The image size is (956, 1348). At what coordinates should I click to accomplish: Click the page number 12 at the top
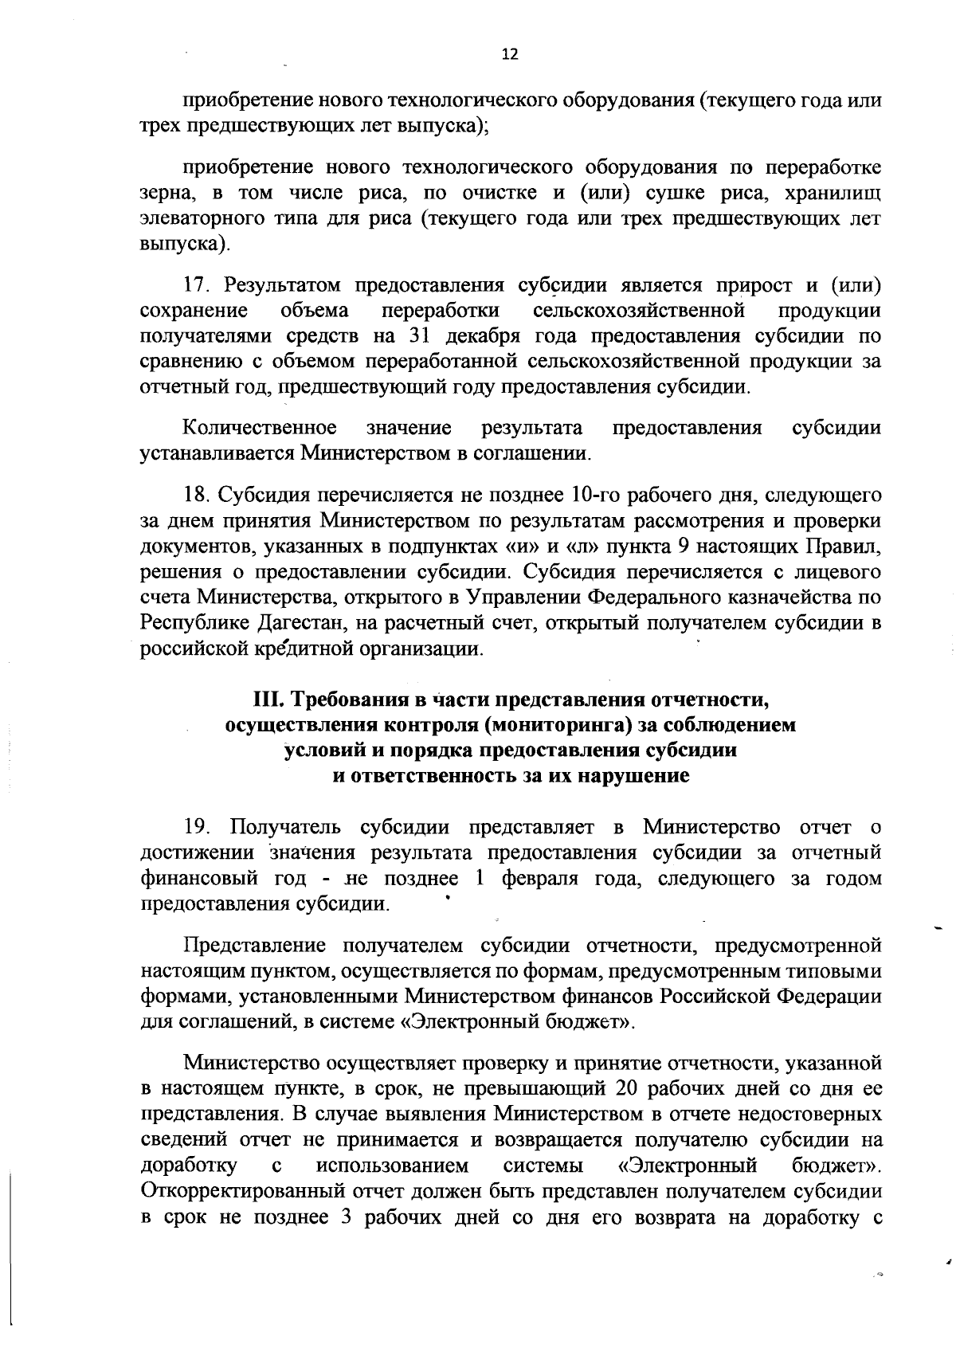(510, 54)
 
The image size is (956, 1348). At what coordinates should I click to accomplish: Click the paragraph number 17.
(195, 284)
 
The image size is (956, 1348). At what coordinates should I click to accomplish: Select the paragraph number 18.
(195, 495)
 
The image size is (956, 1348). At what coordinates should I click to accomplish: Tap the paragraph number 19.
(196, 826)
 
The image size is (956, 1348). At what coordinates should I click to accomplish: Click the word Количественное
(260, 428)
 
